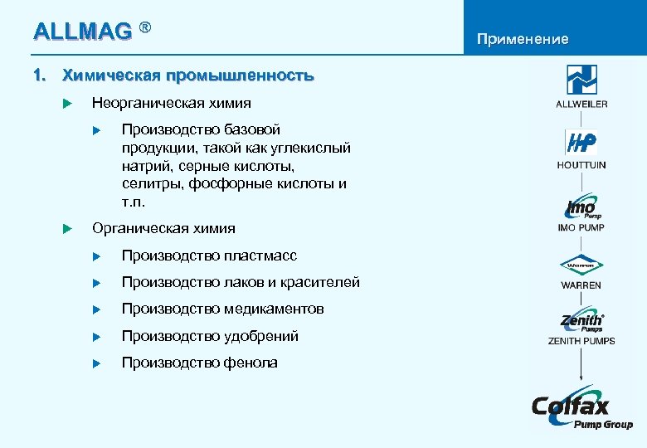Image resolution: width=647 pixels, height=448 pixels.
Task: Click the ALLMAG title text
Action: (82, 32)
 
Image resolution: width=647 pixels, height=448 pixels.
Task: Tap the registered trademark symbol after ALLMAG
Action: (146, 29)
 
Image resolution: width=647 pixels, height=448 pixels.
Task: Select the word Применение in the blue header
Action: (522, 39)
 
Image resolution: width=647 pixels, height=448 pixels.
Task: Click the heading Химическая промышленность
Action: (188, 75)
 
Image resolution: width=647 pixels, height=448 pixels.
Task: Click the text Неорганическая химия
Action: (171, 103)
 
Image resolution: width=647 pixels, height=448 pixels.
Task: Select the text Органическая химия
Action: (163, 228)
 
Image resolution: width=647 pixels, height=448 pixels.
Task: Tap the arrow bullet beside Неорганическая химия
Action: (68, 104)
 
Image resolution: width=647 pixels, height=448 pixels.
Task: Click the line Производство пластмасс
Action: (209, 256)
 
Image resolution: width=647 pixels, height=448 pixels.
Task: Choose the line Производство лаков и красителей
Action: (241, 282)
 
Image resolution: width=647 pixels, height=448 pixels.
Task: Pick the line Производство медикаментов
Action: (222, 309)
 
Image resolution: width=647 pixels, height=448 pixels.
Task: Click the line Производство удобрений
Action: (210, 336)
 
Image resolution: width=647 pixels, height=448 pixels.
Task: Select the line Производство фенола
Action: (199, 363)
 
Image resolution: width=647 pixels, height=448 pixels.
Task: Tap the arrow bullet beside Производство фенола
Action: (96, 363)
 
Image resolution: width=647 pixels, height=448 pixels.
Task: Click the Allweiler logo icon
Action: (581, 80)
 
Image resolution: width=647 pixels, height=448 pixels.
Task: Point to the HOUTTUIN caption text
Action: (581, 165)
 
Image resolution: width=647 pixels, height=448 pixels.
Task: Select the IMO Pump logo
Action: (581, 206)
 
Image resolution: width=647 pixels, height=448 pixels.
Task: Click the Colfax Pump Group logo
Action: (581, 409)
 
